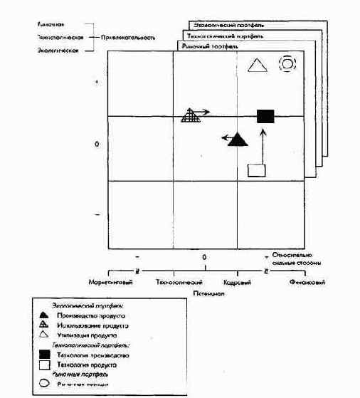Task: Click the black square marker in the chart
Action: tap(265, 115)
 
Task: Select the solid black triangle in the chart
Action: tap(238, 139)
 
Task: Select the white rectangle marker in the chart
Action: tap(256, 169)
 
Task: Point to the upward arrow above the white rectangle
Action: tap(263, 146)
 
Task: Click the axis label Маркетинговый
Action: tap(107, 282)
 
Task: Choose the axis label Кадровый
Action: tap(236, 282)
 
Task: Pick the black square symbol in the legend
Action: tap(44, 354)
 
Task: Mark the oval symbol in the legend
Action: tap(44, 383)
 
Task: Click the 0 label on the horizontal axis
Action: tap(204, 256)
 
